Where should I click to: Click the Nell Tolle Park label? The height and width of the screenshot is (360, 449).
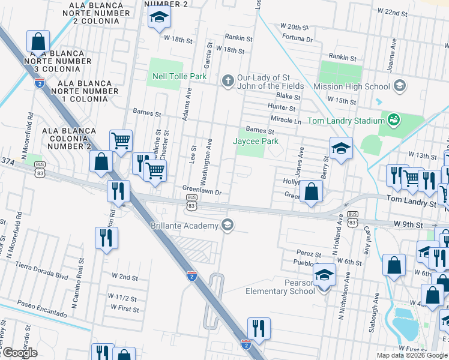coord(179,76)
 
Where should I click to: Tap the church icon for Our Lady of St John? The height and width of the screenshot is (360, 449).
coord(228,80)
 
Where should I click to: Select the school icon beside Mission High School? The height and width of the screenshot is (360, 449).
coord(399,86)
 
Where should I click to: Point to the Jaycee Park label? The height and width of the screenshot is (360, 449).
coord(256,141)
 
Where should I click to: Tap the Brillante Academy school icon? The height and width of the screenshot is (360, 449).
coord(227,225)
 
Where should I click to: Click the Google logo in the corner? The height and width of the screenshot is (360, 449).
coord(19,353)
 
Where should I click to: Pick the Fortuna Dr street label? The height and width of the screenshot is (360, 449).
coord(297,39)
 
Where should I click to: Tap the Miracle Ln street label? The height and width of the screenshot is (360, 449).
coord(285,121)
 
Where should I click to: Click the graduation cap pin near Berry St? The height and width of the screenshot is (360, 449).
coord(340,148)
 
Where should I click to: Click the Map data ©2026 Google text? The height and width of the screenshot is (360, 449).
coord(412,355)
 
